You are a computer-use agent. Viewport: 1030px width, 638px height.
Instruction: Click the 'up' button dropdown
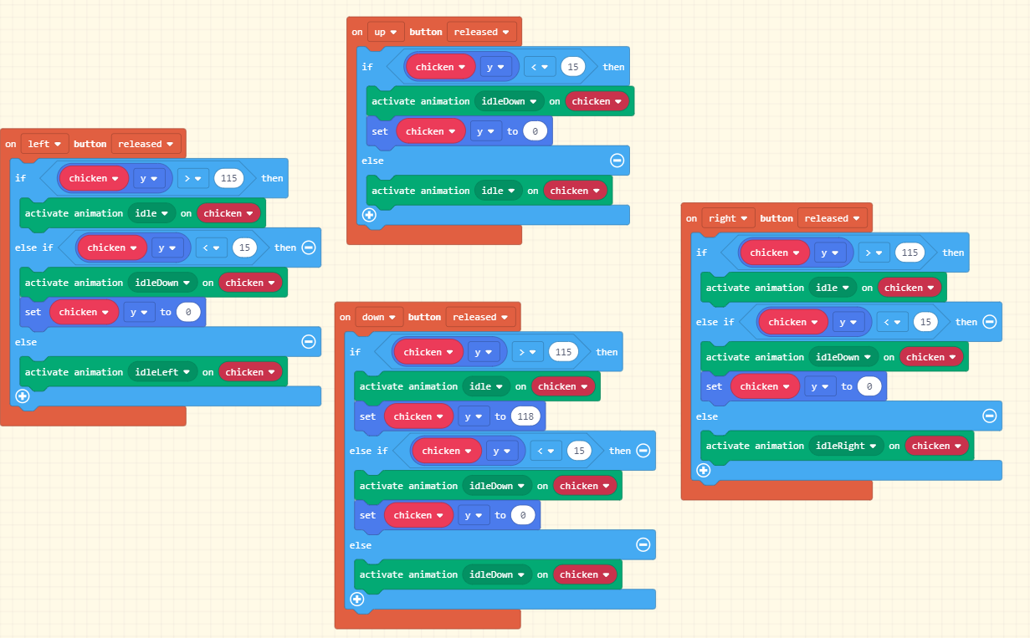(386, 32)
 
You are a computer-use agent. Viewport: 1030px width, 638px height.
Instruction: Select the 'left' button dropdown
(44, 144)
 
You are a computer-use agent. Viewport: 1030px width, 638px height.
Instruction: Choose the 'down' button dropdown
(379, 317)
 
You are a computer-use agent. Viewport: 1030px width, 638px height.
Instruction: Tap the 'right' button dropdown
(728, 218)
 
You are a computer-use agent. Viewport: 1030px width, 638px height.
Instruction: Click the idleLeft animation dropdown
(162, 372)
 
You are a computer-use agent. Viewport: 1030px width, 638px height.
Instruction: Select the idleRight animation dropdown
(846, 446)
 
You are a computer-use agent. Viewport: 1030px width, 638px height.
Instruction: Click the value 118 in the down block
(525, 416)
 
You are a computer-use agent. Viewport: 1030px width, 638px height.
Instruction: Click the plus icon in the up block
(369, 215)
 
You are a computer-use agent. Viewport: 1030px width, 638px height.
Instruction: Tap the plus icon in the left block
(23, 396)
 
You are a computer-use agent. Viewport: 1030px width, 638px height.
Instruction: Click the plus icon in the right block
(704, 470)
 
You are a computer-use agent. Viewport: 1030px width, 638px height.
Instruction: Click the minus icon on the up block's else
(617, 161)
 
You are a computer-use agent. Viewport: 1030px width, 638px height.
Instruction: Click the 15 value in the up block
(573, 67)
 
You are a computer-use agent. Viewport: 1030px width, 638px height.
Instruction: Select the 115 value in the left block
(228, 178)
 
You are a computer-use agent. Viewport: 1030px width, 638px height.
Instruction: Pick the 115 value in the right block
(910, 253)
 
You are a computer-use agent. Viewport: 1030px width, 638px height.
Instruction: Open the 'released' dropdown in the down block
(480, 317)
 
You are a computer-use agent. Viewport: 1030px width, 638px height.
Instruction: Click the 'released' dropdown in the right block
(832, 218)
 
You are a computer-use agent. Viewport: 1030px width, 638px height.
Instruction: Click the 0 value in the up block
(535, 131)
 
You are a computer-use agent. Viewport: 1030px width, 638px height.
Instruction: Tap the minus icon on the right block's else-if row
(990, 322)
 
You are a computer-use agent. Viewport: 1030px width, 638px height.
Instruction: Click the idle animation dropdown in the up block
(498, 191)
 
